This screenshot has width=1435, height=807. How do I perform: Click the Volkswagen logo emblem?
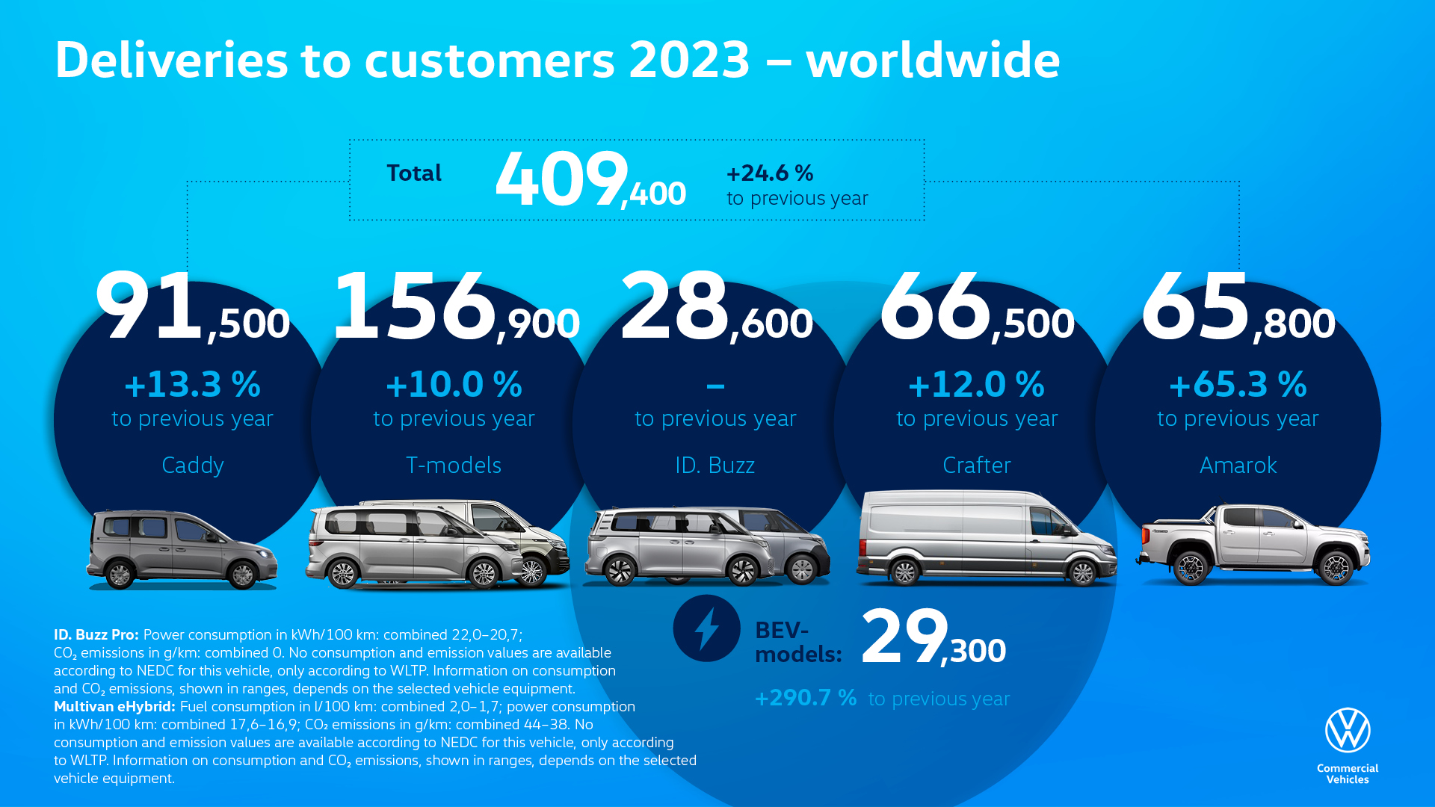[x=1348, y=730]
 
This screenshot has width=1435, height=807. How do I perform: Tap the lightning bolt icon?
[x=706, y=628]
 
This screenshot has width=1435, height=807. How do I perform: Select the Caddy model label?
[x=193, y=466]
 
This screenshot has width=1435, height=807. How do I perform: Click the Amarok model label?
[x=1238, y=466]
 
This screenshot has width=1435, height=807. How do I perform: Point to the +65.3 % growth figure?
[x=1238, y=385]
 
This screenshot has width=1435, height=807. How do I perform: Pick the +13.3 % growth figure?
[x=193, y=385]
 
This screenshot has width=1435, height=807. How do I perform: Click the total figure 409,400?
[x=590, y=180]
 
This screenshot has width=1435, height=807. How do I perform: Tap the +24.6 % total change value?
[x=770, y=173]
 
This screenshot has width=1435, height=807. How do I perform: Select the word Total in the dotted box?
[x=414, y=173]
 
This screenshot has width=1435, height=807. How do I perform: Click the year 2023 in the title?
[x=689, y=60]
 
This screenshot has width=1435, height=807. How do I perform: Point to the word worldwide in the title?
[x=933, y=60]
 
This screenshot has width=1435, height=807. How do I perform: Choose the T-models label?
[x=454, y=466]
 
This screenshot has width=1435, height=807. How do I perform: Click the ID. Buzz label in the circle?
[x=715, y=466]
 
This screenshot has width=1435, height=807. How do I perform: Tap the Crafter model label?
[x=977, y=466]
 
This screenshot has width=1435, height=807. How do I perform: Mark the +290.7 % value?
[x=806, y=698]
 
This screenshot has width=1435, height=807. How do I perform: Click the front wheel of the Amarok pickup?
[x=1336, y=568]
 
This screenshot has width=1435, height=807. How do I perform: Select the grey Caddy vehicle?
[x=182, y=549]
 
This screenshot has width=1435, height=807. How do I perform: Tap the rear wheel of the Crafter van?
[x=904, y=572]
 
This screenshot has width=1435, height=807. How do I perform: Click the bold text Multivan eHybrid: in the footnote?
[x=114, y=707]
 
